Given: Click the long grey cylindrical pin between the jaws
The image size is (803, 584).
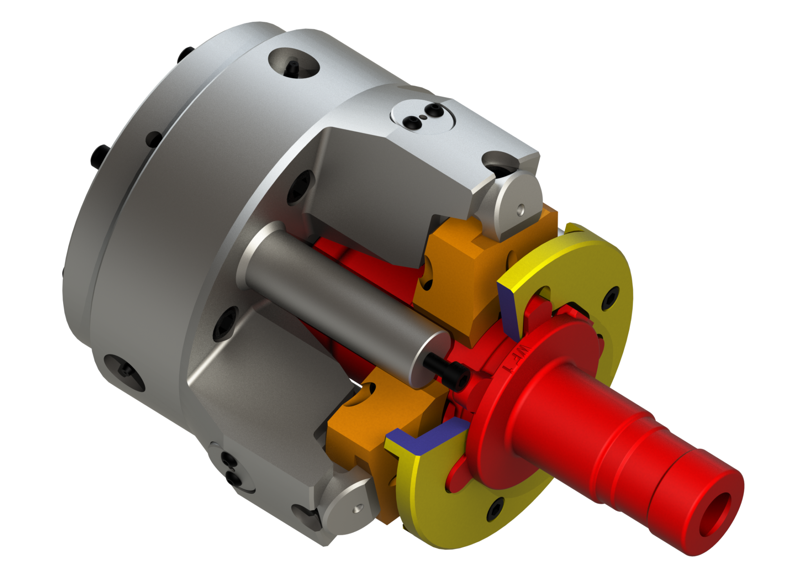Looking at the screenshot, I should coord(345,298).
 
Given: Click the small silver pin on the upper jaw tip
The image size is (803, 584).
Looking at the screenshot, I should coord(520,209).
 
